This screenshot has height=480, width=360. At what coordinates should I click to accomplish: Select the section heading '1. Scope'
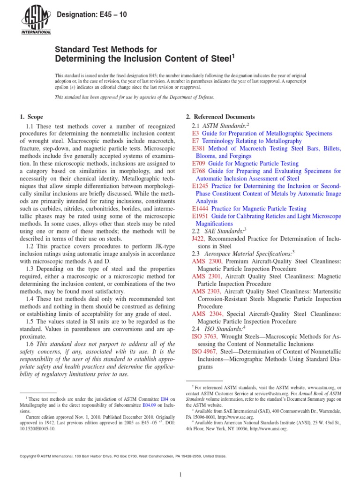pos(31,117)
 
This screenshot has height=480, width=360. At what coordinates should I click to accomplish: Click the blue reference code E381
pos(199,148)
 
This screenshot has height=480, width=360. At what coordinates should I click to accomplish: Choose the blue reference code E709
pos(199,163)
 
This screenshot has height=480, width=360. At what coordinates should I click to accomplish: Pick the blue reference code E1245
pos(201,186)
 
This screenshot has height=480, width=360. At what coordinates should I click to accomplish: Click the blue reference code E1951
pos(201,216)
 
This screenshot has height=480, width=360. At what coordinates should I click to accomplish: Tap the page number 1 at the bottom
pos(180,475)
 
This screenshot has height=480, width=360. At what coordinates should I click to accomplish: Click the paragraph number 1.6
pos(31,344)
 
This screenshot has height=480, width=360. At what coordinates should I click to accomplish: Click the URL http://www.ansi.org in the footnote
pos(270,428)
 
